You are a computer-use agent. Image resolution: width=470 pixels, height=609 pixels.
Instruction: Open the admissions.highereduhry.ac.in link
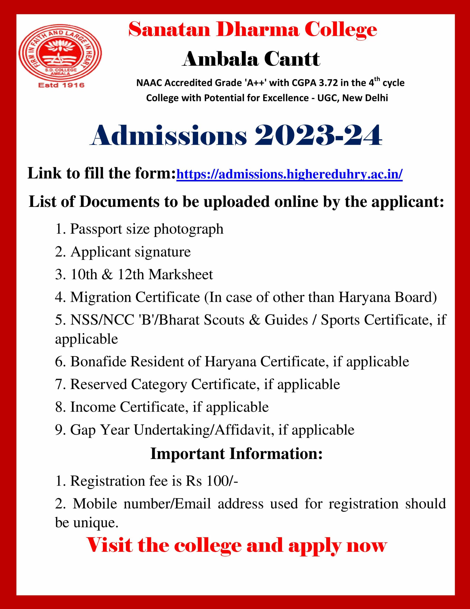click(x=289, y=175)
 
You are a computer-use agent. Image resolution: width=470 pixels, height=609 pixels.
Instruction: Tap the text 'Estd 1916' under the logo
click(x=61, y=85)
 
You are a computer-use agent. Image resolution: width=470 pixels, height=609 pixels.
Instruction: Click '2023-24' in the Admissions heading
click(x=318, y=136)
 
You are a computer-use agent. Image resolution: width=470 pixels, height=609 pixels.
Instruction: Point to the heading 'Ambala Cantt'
click(x=251, y=59)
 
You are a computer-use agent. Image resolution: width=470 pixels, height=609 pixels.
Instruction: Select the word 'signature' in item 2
click(x=163, y=252)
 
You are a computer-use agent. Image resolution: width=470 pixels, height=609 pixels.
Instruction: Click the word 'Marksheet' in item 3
click(x=181, y=274)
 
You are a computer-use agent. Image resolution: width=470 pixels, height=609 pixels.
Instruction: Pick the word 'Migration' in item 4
click(x=101, y=297)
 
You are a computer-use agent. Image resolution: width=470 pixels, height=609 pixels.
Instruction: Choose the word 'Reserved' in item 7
click(x=99, y=384)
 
